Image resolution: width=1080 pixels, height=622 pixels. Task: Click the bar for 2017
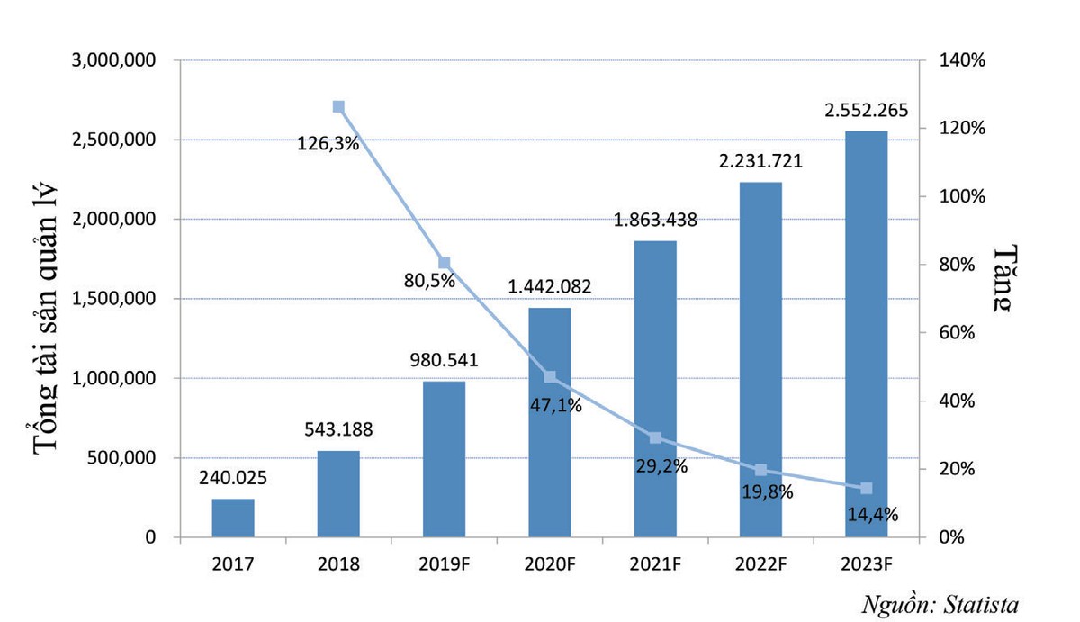tap(233, 518)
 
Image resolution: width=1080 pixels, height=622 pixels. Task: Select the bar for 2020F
tap(549, 423)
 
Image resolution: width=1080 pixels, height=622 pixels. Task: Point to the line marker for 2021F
tap(655, 437)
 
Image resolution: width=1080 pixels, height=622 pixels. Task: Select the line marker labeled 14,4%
tap(866, 488)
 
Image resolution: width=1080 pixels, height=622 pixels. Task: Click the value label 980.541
tap(444, 361)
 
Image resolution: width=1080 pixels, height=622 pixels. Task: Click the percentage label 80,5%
tap(428, 280)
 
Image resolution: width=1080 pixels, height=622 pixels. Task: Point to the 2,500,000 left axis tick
tap(115, 140)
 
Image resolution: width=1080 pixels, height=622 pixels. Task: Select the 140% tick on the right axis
tap(961, 60)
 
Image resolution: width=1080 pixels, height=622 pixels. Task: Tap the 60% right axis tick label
tap(958, 333)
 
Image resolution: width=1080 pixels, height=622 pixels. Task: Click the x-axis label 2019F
tap(444, 564)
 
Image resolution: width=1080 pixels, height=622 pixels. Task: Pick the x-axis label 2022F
tap(760, 564)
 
